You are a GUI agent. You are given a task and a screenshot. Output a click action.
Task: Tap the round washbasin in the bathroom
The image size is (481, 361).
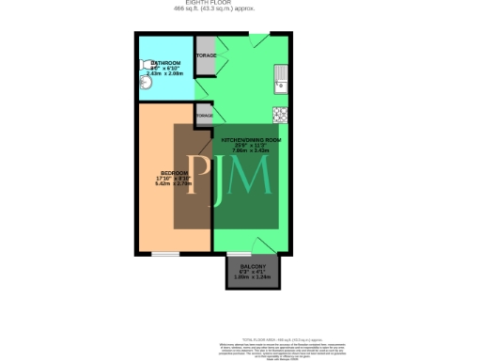point(145,83)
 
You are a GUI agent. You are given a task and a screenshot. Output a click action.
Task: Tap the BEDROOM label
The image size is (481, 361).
point(174,173)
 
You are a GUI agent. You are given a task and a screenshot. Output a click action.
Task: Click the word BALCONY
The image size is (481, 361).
point(250,267)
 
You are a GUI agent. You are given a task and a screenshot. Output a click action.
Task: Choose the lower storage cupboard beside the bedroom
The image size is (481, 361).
point(204,115)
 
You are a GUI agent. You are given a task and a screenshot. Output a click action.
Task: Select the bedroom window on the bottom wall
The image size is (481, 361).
point(166,253)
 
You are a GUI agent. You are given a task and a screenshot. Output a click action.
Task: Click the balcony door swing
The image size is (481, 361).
point(264,245)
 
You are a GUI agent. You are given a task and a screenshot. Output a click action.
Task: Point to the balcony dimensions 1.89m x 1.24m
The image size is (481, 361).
point(250,277)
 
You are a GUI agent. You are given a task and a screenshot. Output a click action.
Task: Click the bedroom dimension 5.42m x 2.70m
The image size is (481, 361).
point(174,184)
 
